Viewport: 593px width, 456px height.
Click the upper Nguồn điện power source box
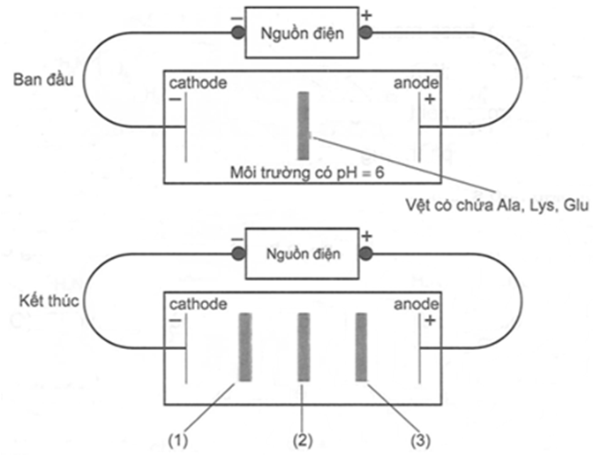298,33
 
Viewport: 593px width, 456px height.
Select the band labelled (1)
245,346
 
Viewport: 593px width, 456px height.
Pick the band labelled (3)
360,346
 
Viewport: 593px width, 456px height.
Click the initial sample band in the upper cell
303,125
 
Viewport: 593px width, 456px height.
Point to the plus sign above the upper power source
366,15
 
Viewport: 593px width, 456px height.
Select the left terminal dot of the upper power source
237,34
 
